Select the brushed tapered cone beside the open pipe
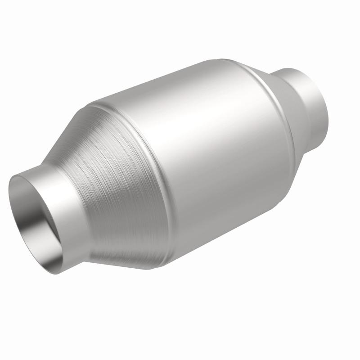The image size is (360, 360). tap(117, 189)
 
